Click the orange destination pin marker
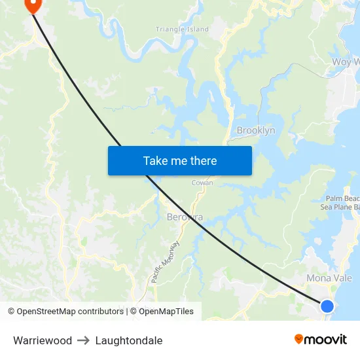32,5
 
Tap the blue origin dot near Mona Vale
327,306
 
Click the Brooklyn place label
256,130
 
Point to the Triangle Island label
182,29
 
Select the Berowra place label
185,217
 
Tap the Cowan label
202,183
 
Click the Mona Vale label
329,278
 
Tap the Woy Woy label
346,62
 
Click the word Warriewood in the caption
43,340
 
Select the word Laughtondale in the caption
129,340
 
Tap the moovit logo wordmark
325,340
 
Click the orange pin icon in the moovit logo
299,339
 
